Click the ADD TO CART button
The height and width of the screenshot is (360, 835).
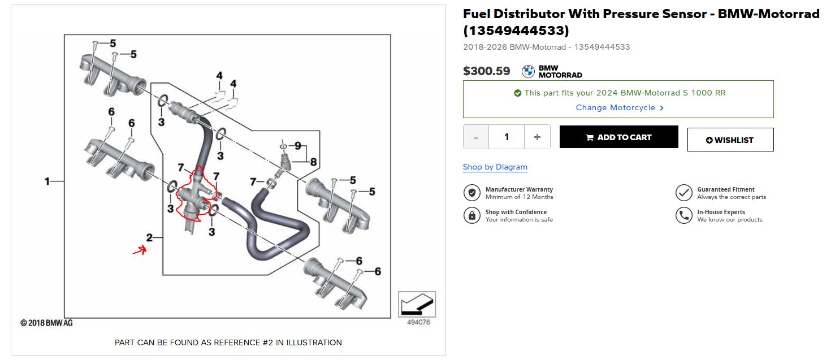click(618, 137)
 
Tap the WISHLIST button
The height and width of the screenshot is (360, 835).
click(730, 140)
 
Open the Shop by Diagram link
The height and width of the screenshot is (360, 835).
click(495, 167)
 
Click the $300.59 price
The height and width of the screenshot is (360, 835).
click(486, 71)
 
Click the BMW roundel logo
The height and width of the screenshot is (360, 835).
click(528, 71)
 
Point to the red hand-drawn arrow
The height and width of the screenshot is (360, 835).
click(140, 250)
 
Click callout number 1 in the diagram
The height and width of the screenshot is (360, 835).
click(47, 181)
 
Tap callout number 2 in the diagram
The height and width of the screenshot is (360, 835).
click(149, 237)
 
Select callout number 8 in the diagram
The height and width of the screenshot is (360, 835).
click(313, 162)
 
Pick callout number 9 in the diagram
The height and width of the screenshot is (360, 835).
click(297, 145)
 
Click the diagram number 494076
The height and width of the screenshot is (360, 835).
click(418, 323)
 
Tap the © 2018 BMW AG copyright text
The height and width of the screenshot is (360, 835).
click(46, 323)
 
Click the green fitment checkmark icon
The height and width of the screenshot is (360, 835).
click(517, 93)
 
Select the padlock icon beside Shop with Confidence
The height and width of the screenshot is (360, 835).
click(471, 215)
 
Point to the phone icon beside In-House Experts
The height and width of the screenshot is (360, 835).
click(683, 215)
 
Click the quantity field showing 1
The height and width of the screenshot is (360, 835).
click(506, 137)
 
